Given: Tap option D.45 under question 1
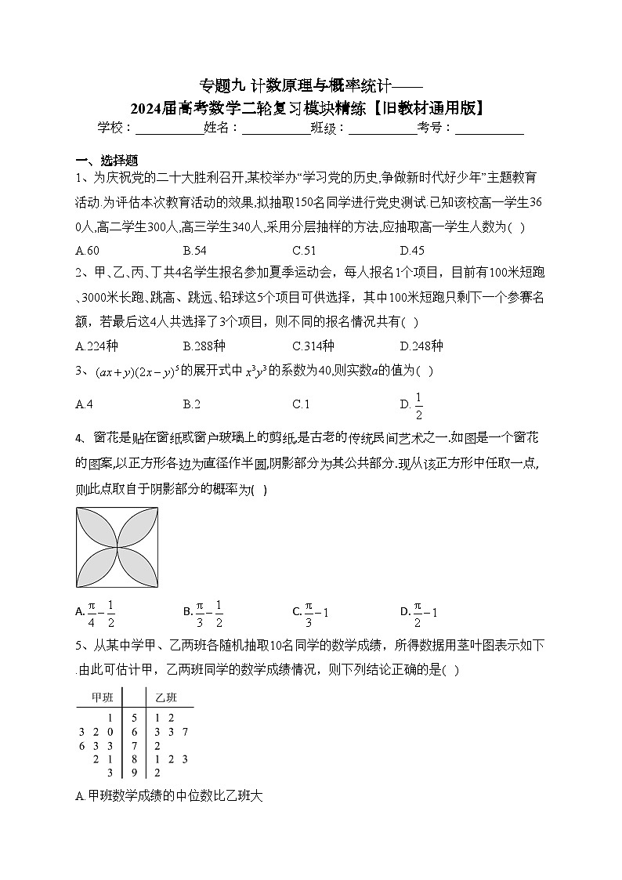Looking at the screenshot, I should [x=411, y=251].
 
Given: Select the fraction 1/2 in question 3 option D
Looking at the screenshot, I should [x=418, y=404].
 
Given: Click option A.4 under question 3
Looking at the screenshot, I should [x=84, y=404].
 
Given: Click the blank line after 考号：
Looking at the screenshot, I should [x=489, y=129].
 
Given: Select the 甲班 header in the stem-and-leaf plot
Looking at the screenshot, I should [x=103, y=697].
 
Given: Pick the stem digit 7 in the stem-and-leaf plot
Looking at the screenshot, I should [x=135, y=745].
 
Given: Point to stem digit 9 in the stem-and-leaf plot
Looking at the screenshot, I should [x=135, y=773].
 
